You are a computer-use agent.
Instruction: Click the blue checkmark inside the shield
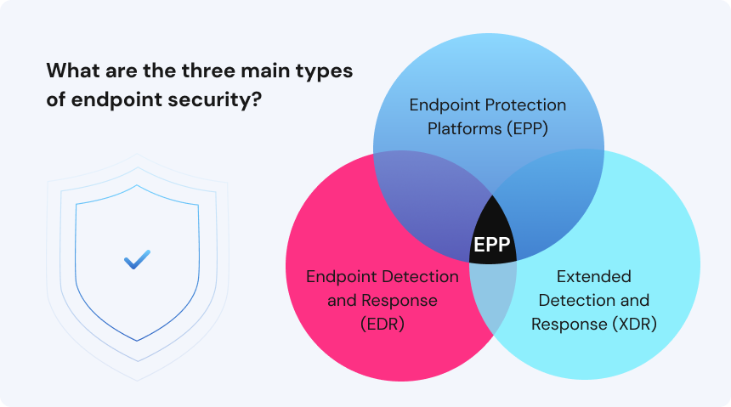click(x=137, y=259)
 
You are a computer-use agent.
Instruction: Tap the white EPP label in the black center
click(x=492, y=245)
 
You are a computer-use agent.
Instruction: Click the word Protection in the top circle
click(x=529, y=105)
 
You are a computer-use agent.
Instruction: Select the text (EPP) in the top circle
click(x=526, y=128)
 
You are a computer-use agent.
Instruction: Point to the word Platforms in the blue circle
click(x=464, y=128)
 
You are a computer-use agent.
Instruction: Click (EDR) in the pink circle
click(x=382, y=324)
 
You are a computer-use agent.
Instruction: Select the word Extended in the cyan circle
click(x=594, y=276)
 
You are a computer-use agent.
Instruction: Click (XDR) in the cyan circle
click(x=634, y=324)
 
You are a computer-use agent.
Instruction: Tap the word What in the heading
click(x=73, y=71)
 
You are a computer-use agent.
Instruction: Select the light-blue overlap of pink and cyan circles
click(x=493, y=294)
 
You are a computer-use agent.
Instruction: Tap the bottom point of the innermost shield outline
click(x=137, y=341)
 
